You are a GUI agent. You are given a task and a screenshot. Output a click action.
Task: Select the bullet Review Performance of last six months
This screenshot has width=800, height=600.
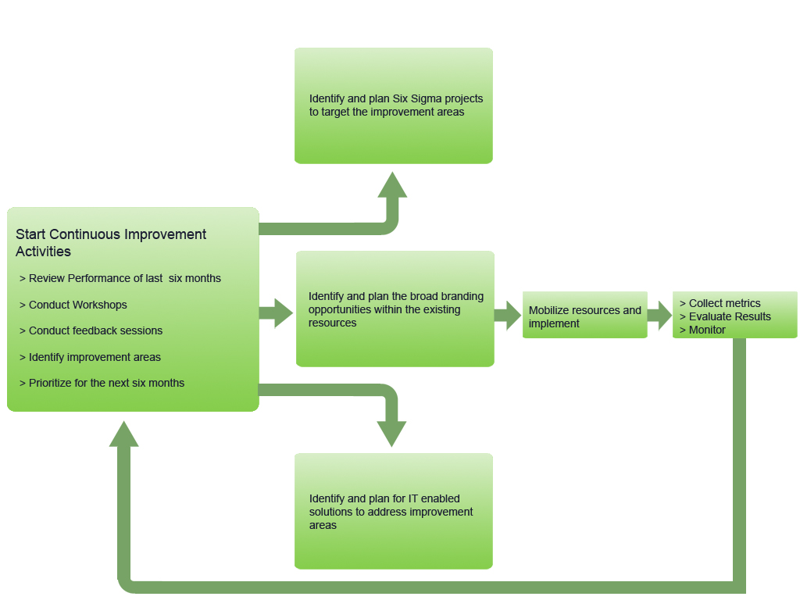coord(120,278)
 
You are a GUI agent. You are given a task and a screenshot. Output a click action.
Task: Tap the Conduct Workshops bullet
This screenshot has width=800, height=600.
coord(73,305)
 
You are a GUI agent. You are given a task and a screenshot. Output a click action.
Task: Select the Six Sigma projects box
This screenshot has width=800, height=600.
coord(393,133)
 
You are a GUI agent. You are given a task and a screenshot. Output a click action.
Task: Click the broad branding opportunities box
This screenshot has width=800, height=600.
coord(395,344)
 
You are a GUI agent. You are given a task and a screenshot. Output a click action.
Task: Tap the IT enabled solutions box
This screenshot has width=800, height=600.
coord(393,547)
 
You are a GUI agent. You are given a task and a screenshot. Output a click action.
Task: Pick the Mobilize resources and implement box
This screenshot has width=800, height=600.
coord(584,316)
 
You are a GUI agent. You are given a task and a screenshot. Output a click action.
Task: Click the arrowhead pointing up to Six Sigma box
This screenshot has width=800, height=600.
coord(392,186)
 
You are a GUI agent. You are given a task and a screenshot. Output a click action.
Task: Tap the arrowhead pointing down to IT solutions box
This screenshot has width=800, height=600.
coord(391,433)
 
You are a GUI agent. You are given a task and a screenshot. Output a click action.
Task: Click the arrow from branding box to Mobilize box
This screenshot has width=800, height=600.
coord(508,316)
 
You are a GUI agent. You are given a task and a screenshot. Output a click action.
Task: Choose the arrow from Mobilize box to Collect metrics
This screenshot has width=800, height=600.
coord(659,316)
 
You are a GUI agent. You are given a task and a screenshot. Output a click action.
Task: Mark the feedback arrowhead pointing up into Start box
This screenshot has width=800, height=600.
coord(123,434)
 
